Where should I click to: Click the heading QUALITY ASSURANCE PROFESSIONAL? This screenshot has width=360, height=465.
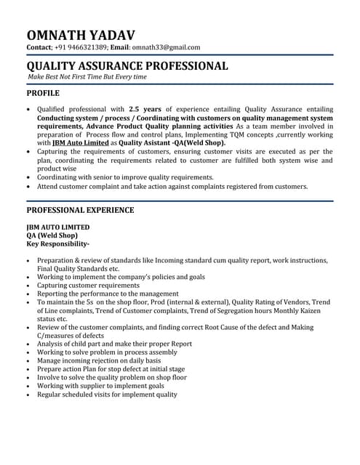point(127,65)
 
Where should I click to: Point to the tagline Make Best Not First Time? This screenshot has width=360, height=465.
point(87,76)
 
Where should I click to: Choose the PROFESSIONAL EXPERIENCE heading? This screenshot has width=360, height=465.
point(80,210)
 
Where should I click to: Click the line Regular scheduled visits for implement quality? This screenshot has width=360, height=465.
point(107,395)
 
